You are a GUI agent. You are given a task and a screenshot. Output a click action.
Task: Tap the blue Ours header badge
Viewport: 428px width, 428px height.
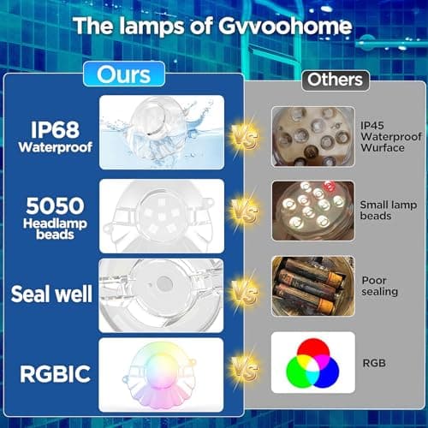pos(123,74)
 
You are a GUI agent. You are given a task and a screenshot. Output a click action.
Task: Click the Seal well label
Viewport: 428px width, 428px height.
pos(51,293)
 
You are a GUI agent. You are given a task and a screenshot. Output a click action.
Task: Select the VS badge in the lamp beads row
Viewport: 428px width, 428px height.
pos(245,211)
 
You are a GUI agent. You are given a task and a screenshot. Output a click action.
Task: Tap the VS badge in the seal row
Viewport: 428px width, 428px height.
pos(245,292)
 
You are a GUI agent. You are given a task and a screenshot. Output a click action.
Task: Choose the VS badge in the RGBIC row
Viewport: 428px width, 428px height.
pos(245,375)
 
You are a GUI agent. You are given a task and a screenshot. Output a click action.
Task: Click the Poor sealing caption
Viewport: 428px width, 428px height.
pos(379,286)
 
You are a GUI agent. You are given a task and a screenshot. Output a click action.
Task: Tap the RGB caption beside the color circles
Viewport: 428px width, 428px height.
pos(375,364)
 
